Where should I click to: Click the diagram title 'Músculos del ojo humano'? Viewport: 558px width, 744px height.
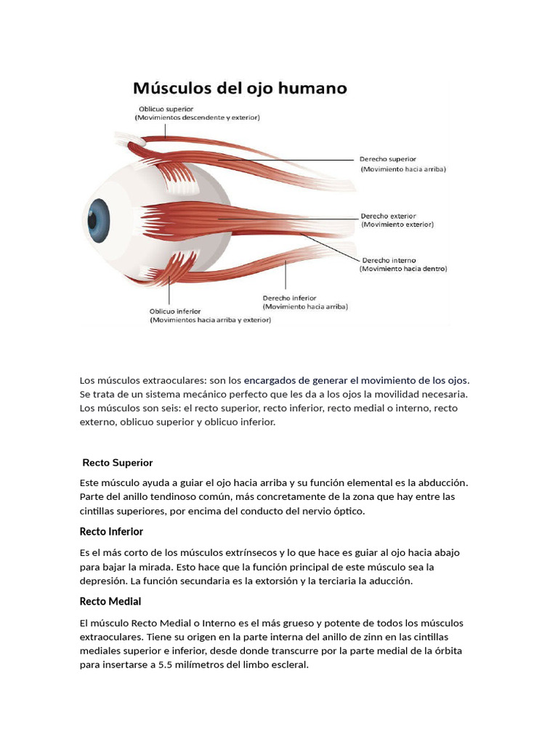(240, 89)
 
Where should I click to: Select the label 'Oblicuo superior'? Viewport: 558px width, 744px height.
(162, 108)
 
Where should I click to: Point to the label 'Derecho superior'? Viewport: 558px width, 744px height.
(388, 158)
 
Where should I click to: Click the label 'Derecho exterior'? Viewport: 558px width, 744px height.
(389, 216)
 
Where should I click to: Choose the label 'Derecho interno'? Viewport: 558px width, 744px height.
(389, 259)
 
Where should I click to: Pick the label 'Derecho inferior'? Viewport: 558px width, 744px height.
(289, 298)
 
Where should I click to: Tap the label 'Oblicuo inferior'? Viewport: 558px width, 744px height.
(176, 310)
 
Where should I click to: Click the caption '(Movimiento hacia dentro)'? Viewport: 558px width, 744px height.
(403, 268)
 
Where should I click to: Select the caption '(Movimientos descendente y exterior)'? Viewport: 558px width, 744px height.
(197, 117)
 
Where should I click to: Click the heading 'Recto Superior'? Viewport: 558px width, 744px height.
(118, 462)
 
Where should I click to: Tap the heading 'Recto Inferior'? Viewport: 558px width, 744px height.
(111, 531)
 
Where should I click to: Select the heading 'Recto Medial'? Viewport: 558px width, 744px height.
(110, 601)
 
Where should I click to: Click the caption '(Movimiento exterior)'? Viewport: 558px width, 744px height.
(397, 225)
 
